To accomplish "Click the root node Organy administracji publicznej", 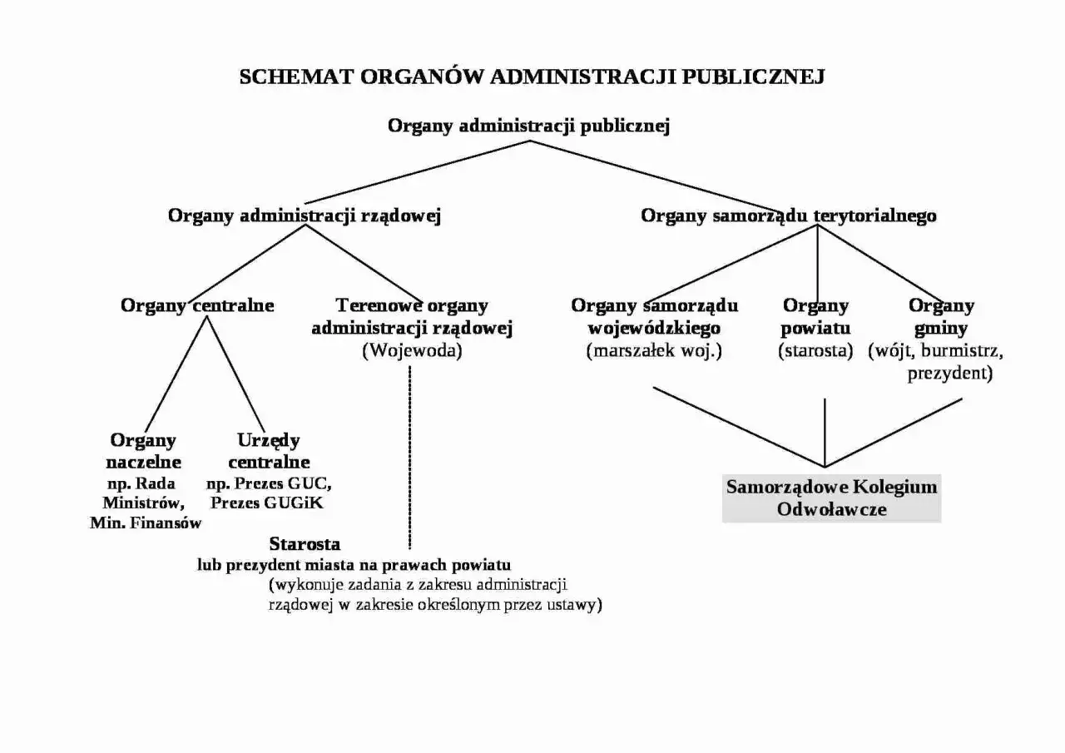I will [529, 126].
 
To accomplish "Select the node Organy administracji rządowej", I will [304, 215].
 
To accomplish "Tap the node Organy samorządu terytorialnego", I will [788, 215].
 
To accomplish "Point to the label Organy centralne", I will [197, 305].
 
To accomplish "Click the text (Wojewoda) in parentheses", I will [412, 350].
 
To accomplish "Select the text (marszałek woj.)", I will [654, 350].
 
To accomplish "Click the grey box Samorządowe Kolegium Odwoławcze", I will [831, 498].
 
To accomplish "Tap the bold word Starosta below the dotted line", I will [305, 544].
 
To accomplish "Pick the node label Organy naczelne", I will [143, 451].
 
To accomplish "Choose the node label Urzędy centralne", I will [269, 451].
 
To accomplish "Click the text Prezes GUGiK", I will [267, 503].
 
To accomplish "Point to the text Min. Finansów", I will [146, 523].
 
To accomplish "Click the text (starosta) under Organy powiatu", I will [815, 350].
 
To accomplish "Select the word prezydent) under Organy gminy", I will [949, 374].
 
